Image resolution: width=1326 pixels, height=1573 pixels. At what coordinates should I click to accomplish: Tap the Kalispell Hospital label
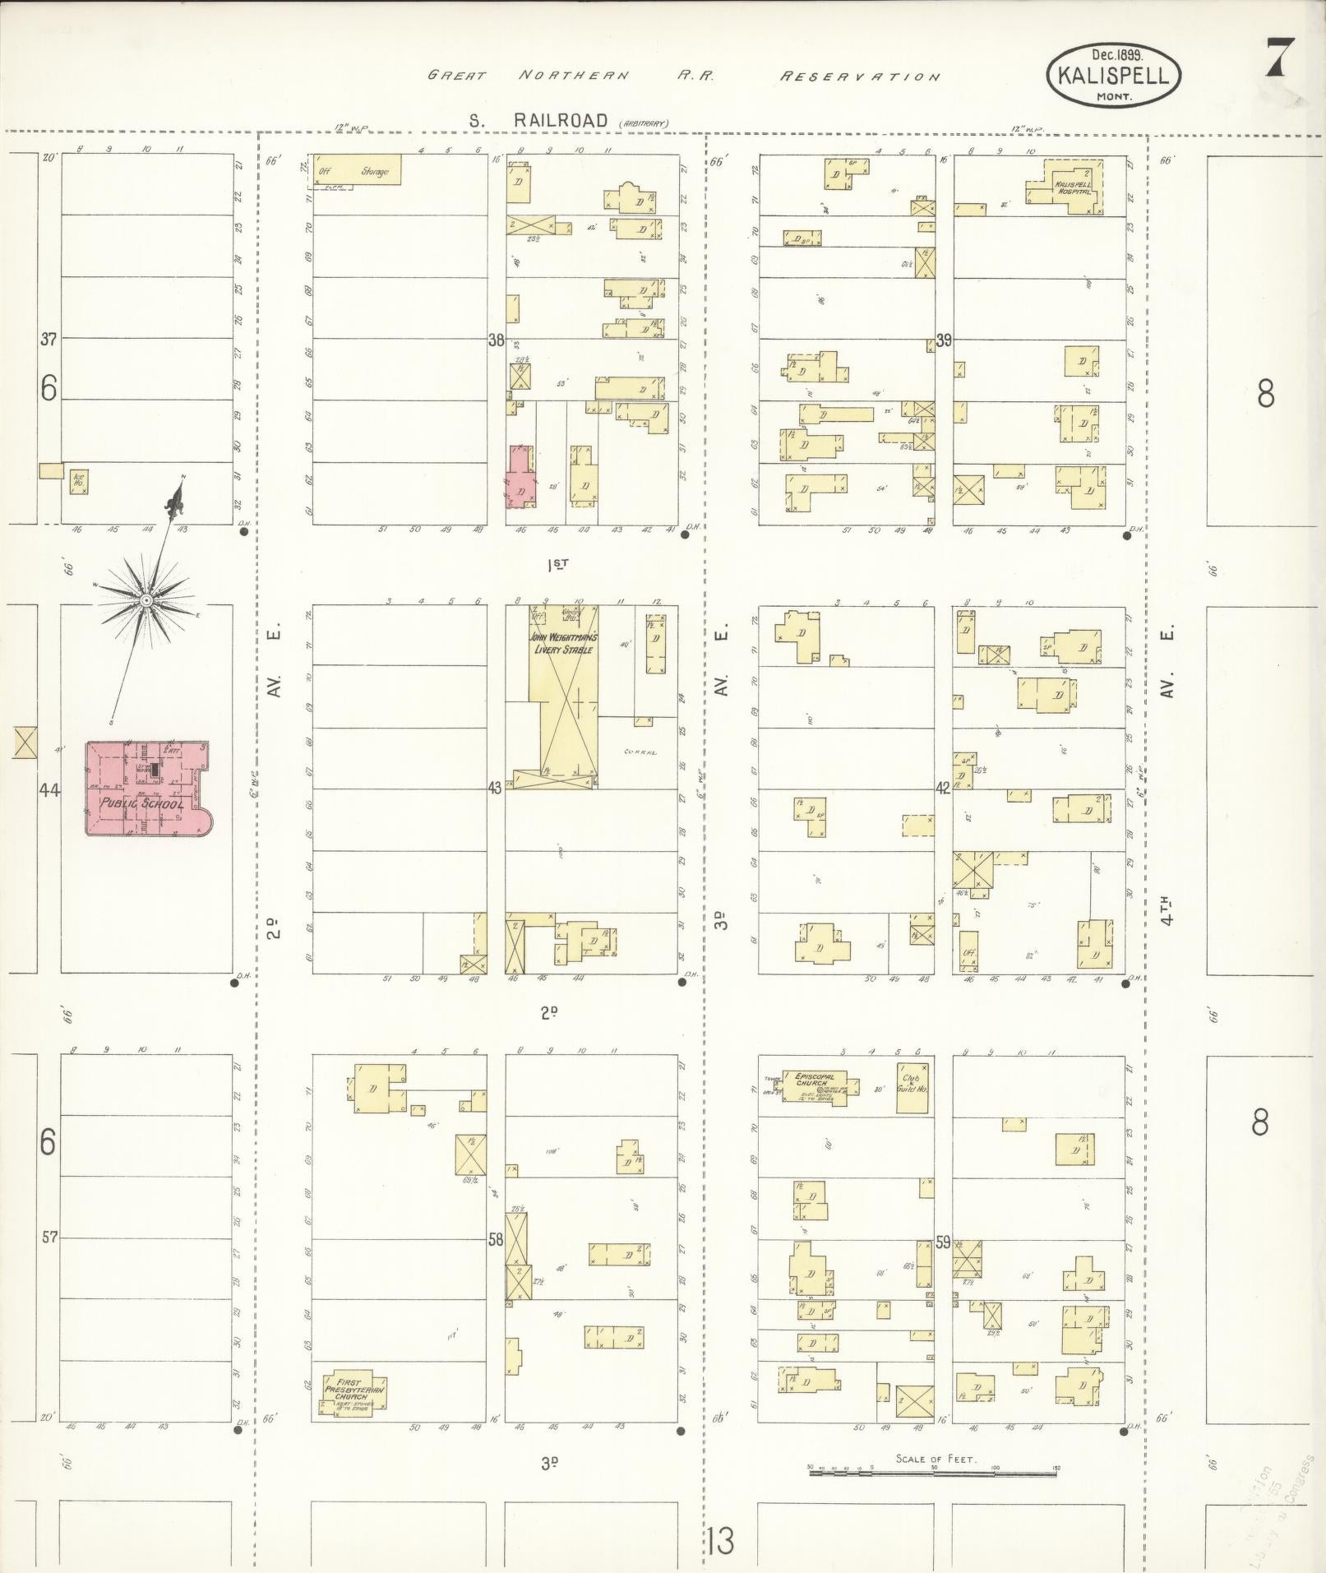point(1072,188)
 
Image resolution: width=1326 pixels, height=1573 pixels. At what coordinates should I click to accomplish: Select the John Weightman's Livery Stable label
point(563,643)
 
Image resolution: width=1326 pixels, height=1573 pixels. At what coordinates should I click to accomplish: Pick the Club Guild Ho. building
point(912,1087)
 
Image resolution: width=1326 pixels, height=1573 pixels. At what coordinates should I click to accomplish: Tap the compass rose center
point(146,600)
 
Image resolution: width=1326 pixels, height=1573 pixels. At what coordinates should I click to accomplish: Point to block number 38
point(496,340)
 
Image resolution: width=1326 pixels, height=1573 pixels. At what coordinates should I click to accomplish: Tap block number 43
point(494,788)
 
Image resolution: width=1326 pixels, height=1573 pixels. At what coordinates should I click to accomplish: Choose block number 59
point(942,1242)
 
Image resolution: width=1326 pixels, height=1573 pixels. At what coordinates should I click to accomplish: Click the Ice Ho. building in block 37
point(79,481)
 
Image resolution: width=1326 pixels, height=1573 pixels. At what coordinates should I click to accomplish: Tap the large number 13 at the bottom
point(719,1540)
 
